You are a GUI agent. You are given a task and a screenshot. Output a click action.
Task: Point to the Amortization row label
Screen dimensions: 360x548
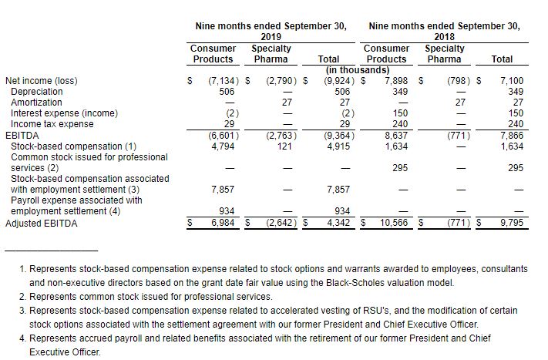(32, 102)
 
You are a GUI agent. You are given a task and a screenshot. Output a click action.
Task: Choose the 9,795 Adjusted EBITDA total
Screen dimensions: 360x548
(511, 224)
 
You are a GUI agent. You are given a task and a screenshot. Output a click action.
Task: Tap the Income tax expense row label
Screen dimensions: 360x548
(42, 123)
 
